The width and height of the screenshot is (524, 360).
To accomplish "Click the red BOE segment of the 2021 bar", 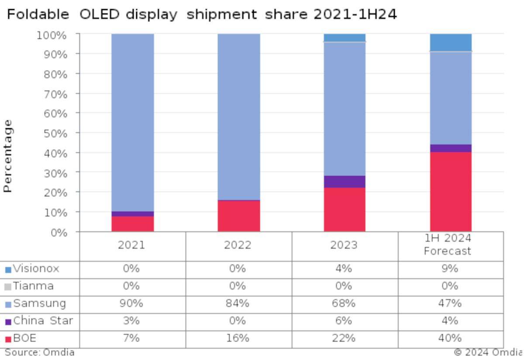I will (x=132, y=224).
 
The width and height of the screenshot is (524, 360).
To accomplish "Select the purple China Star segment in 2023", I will (x=345, y=182).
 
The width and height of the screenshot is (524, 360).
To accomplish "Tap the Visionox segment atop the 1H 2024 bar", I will (x=451, y=43).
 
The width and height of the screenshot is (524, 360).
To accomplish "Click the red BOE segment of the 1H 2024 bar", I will (x=451, y=192).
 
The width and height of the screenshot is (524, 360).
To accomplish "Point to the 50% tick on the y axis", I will (x=55, y=133).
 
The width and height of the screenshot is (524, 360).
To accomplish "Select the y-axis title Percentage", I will (x=7, y=156).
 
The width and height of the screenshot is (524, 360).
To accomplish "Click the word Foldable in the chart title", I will (x=38, y=15).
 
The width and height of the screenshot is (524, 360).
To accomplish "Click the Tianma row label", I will (x=33, y=286).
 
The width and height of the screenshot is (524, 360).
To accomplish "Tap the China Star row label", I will (x=43, y=321).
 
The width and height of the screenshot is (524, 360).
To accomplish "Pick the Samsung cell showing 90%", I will (x=131, y=304).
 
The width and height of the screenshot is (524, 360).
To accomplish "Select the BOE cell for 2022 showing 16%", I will (x=238, y=338).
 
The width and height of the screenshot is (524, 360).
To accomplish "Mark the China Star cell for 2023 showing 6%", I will (x=344, y=321).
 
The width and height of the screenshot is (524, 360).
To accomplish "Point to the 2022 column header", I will (x=238, y=245).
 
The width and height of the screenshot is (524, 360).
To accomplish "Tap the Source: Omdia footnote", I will (x=40, y=353).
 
